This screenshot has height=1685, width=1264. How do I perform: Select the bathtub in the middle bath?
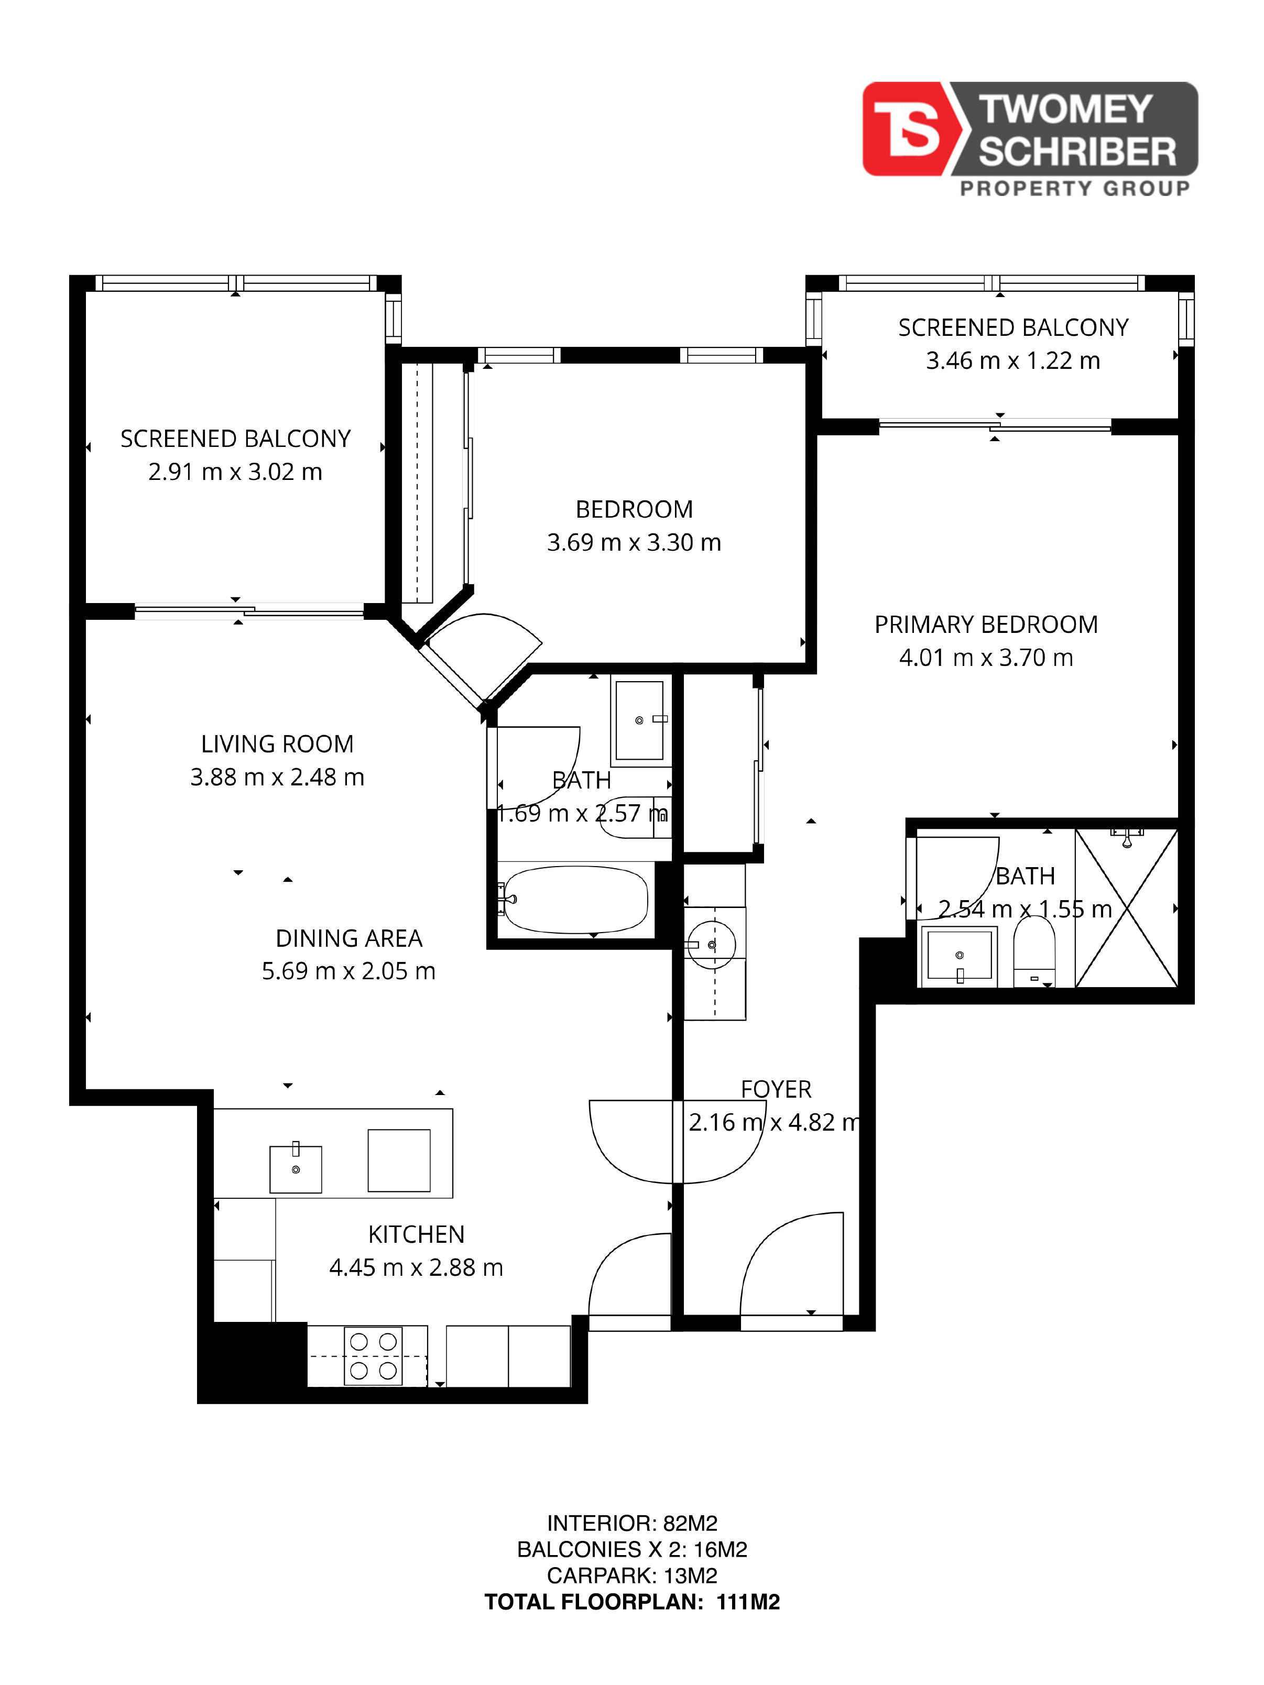(575, 900)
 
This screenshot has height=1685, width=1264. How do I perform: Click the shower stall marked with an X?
(1126, 908)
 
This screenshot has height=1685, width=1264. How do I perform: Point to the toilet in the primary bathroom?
(1034, 950)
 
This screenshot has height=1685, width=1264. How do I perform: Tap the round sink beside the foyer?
(712, 945)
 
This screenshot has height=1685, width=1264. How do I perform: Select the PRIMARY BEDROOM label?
(986, 625)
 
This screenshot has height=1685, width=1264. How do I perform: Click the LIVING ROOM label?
(277, 744)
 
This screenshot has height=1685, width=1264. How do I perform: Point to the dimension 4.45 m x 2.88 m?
(416, 1267)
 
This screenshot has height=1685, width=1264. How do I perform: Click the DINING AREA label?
(349, 938)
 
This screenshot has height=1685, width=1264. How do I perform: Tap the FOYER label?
(776, 1089)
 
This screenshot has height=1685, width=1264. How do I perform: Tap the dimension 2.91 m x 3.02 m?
(235, 472)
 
